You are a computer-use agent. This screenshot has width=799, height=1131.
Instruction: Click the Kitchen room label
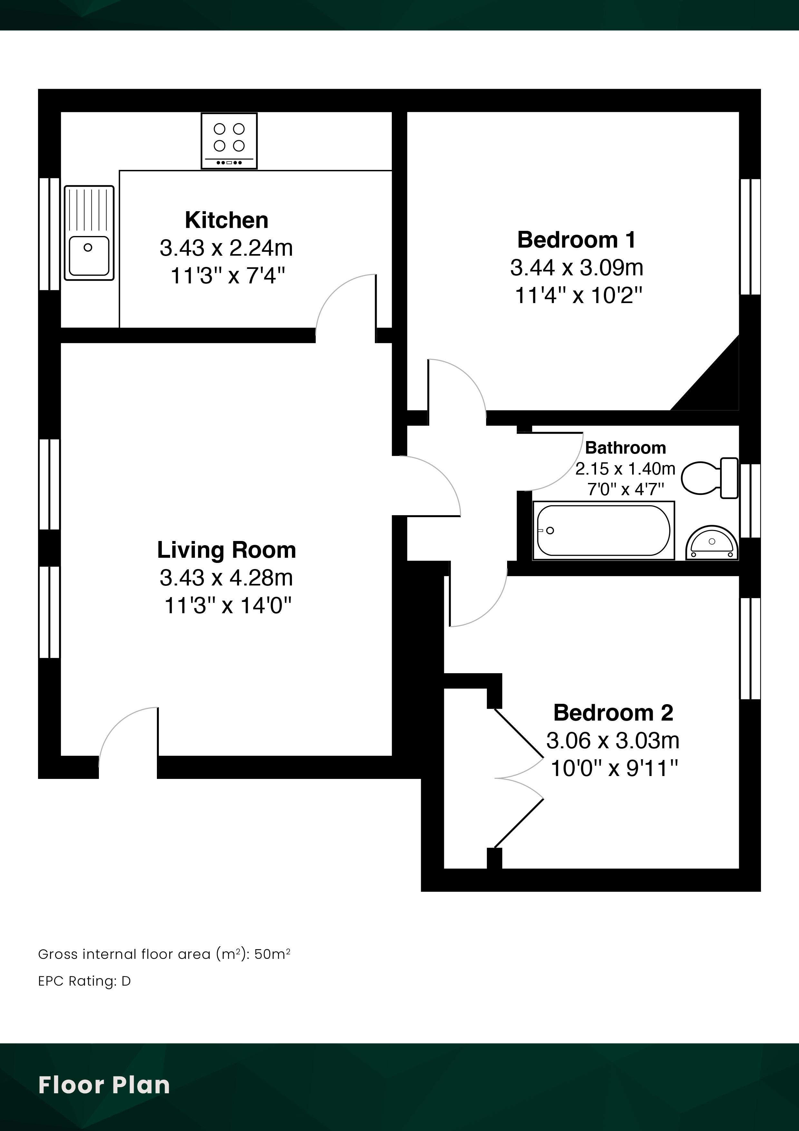(x=226, y=220)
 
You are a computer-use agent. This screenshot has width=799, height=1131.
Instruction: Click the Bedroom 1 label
(x=576, y=240)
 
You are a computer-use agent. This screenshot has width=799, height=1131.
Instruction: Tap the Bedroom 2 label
(x=613, y=713)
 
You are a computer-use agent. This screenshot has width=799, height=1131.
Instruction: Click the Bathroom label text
(x=625, y=448)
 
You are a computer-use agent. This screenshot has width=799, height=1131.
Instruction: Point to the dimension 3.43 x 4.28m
(x=226, y=578)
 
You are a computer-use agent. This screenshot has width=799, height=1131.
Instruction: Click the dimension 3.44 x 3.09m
(x=576, y=268)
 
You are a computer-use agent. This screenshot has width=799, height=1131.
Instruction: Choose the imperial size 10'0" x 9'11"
(x=614, y=768)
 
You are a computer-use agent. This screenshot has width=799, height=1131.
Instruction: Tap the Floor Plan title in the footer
(x=104, y=1085)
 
